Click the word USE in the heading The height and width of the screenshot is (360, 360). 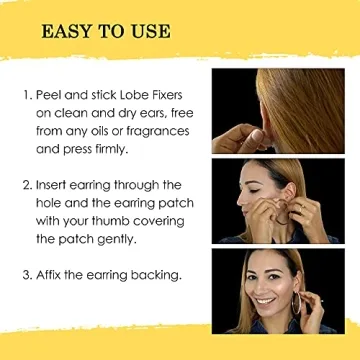150,32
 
